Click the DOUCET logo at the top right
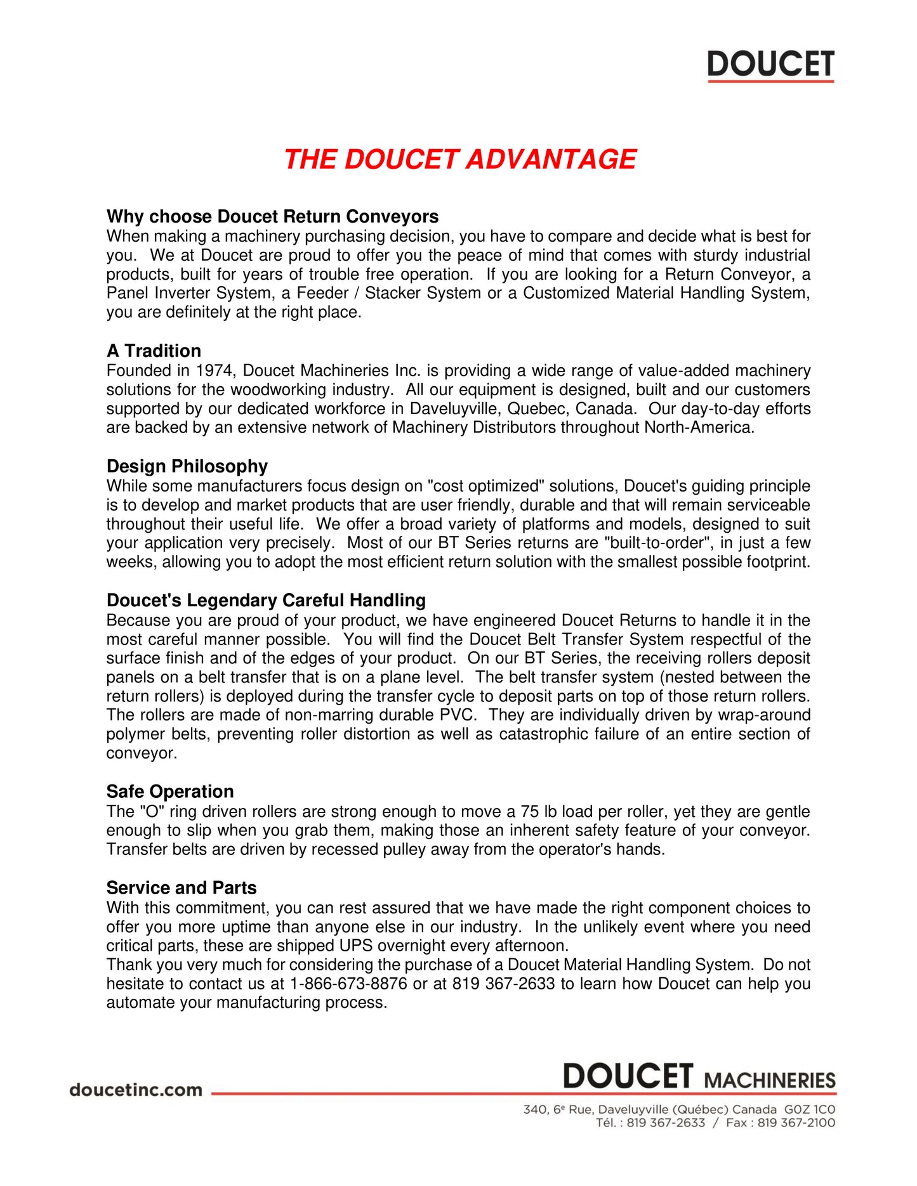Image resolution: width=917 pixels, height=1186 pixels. click(770, 65)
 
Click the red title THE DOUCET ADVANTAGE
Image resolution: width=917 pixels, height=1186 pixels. click(459, 159)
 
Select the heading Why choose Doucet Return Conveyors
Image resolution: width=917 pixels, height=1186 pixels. click(272, 217)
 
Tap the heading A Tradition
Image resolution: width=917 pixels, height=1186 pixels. click(154, 351)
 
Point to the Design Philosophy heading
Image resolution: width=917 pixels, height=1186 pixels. click(187, 467)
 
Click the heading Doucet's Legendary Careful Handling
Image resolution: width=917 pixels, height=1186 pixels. click(266, 601)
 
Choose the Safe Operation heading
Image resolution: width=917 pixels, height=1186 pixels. click(170, 792)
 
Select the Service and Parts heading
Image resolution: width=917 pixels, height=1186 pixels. click(181, 888)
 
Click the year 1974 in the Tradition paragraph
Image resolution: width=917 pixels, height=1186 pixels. click(214, 371)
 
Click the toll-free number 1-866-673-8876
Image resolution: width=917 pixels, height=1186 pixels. click(348, 984)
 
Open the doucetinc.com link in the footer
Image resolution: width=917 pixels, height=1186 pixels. click(136, 1090)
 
